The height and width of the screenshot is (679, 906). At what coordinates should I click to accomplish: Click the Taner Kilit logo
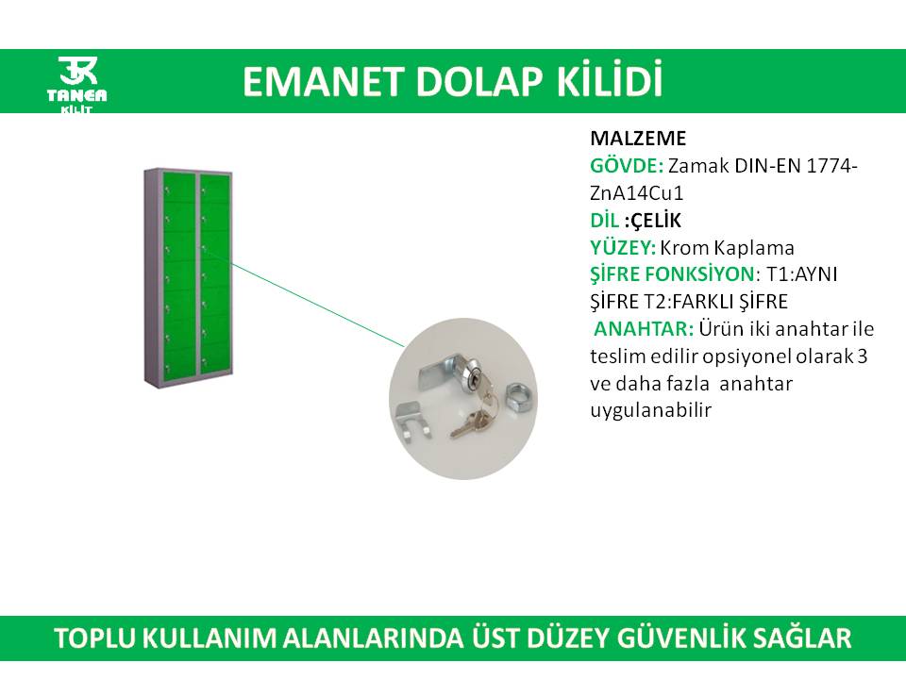pos(76,84)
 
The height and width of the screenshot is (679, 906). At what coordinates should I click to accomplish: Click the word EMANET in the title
pos(321,81)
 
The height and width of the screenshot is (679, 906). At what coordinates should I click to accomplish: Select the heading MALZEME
pos(638,139)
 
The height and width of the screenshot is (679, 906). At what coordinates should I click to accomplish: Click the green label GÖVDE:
pos(627,166)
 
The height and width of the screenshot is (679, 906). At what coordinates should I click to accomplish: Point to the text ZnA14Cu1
pos(636,192)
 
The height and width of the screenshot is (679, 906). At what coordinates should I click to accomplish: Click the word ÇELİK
pos(656,220)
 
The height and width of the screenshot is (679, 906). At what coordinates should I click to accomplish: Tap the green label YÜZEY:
pos(623,247)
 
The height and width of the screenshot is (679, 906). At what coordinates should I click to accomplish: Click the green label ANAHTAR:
pos(644,328)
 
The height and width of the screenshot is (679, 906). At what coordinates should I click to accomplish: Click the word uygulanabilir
pos(650,410)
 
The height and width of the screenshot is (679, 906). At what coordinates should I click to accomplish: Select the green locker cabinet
pos(189,277)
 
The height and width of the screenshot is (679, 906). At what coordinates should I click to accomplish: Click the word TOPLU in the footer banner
pos(95,638)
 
